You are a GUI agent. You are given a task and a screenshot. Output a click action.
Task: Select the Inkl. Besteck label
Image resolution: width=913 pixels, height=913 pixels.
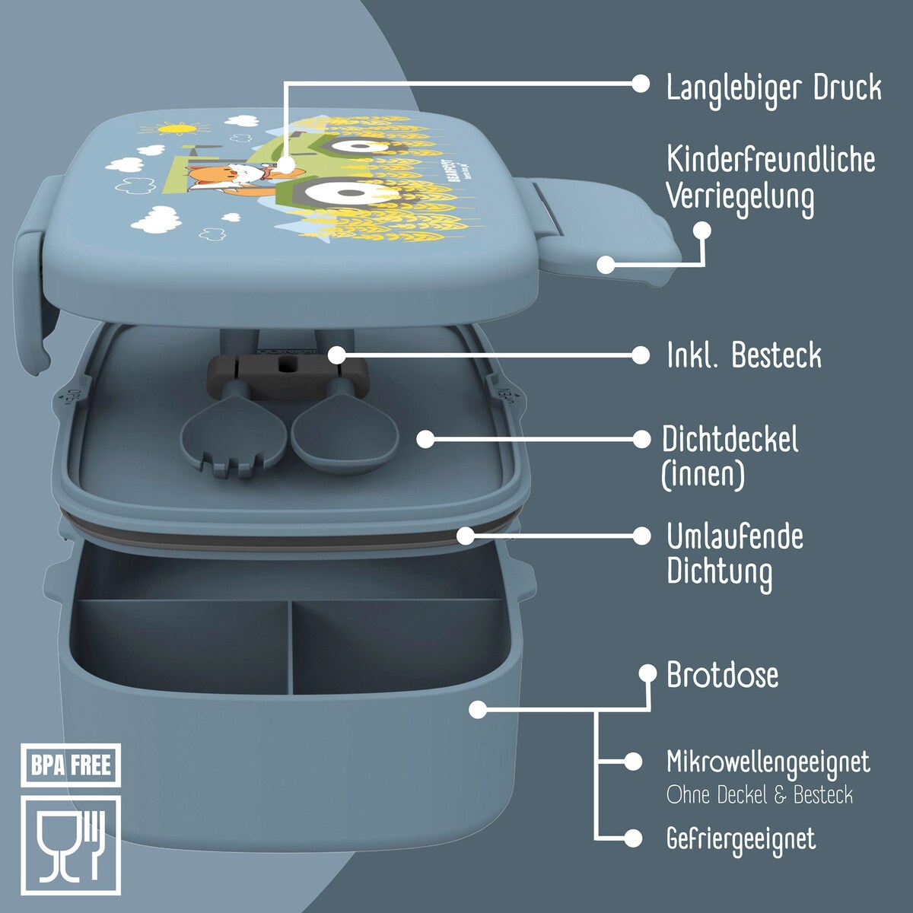point(744,355)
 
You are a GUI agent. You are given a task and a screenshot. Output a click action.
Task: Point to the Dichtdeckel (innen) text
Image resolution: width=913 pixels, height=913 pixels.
point(730,456)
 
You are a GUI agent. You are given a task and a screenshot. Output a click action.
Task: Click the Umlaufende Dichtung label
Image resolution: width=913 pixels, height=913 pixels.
point(735,556)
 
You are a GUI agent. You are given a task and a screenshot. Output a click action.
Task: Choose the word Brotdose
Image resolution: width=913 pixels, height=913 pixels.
point(723,675)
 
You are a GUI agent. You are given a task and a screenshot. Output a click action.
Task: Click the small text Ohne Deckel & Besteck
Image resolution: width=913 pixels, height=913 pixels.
point(759,794)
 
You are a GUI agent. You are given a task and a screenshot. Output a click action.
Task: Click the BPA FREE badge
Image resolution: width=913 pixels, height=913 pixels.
point(71,765)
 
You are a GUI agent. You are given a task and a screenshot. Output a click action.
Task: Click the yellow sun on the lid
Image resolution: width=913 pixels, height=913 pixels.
point(169,127)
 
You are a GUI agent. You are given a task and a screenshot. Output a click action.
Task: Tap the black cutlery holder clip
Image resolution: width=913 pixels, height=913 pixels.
point(287,377)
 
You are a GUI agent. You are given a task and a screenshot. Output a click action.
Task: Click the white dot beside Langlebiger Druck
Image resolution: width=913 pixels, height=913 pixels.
point(641,84)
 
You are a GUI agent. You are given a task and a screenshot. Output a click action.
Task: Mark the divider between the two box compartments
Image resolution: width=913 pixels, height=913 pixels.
point(291,647)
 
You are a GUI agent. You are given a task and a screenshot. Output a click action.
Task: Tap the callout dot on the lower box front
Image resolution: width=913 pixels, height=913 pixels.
point(478,709)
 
